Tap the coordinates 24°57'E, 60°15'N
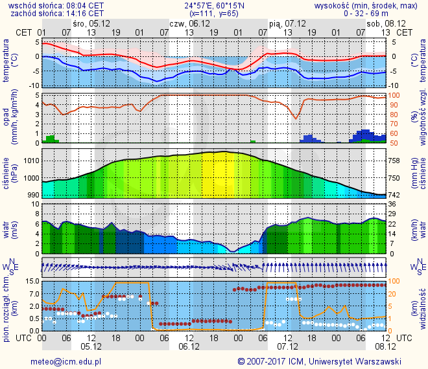pos(213,5)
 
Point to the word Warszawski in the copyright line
pos(378,361)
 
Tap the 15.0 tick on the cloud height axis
pos(30,282)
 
